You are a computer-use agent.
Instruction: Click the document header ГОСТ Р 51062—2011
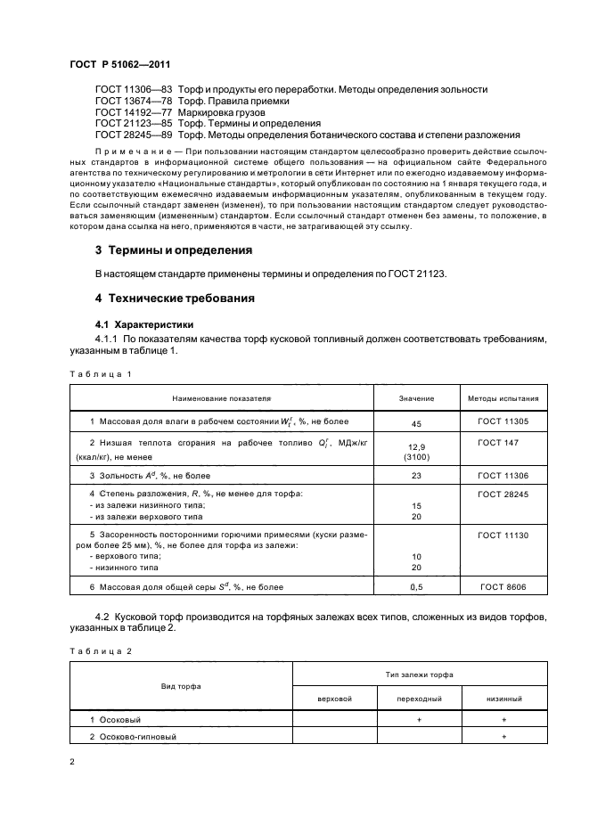tap(119, 66)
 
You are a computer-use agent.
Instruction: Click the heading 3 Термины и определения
tap(174, 250)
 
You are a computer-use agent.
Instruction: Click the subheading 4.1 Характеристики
tap(143, 324)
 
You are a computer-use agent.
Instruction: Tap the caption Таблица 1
tap(101, 373)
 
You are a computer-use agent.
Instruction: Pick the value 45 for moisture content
tap(415, 424)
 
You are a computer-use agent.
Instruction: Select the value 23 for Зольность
tap(415, 477)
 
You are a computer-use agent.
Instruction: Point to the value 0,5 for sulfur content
tap(415, 588)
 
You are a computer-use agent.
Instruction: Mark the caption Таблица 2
tap(101, 652)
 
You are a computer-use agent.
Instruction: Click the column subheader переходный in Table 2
tap(419, 699)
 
